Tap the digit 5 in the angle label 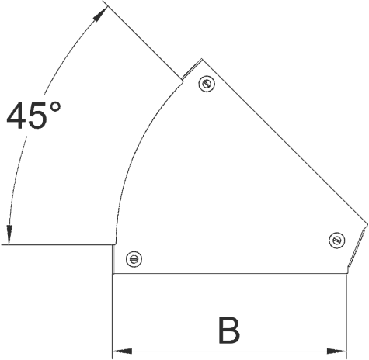(37, 116)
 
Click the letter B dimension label (229, 331)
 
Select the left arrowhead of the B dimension (122, 351)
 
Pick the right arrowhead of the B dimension (336, 351)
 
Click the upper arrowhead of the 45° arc (100, 14)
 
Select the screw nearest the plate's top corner (207, 84)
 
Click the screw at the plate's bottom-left (134, 259)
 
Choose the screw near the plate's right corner (336, 241)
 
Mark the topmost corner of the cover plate (202, 59)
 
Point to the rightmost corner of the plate (367, 224)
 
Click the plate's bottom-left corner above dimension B (113, 273)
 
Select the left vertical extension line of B (113, 316)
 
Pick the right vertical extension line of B (346, 316)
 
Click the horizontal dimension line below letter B (229, 351)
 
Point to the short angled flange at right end (357, 246)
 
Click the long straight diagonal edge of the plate (284, 142)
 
